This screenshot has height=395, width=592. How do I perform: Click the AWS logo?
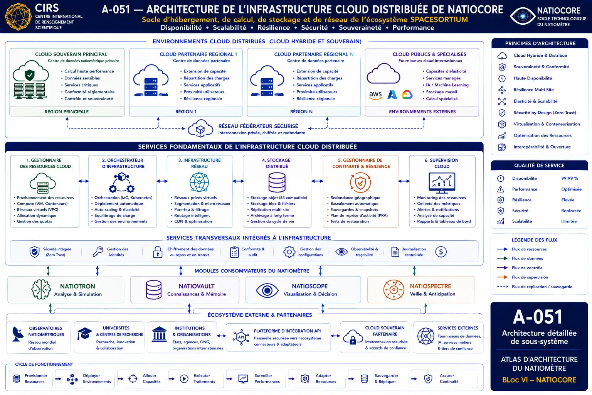375,95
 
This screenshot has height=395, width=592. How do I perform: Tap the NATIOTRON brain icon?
41,289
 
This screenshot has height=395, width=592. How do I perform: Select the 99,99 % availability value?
570,178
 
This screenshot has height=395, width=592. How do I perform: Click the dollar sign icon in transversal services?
441,252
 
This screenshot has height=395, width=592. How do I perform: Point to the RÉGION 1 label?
186,111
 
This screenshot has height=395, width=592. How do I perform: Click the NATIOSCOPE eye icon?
267,290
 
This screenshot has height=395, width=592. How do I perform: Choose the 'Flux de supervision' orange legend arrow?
502,277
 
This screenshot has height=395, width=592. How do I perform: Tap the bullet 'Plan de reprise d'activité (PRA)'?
359,215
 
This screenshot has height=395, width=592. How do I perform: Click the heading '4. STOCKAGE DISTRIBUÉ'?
277,163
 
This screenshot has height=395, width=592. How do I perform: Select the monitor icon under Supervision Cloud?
442,182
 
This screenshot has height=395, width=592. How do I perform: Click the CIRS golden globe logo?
18,17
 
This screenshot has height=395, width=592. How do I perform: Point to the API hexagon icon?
241,337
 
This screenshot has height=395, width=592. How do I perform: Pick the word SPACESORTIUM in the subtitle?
439,20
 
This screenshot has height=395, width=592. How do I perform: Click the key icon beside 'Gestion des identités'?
98,252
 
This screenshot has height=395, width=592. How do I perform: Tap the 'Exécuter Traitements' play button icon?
184,378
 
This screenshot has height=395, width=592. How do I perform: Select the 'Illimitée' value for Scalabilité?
569,221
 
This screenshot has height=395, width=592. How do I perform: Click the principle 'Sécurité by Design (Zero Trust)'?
545,113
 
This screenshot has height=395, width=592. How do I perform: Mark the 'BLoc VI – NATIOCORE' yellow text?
539,380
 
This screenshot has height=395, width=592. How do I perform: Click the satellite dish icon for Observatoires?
17,334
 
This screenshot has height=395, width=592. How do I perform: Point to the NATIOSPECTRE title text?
430,286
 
